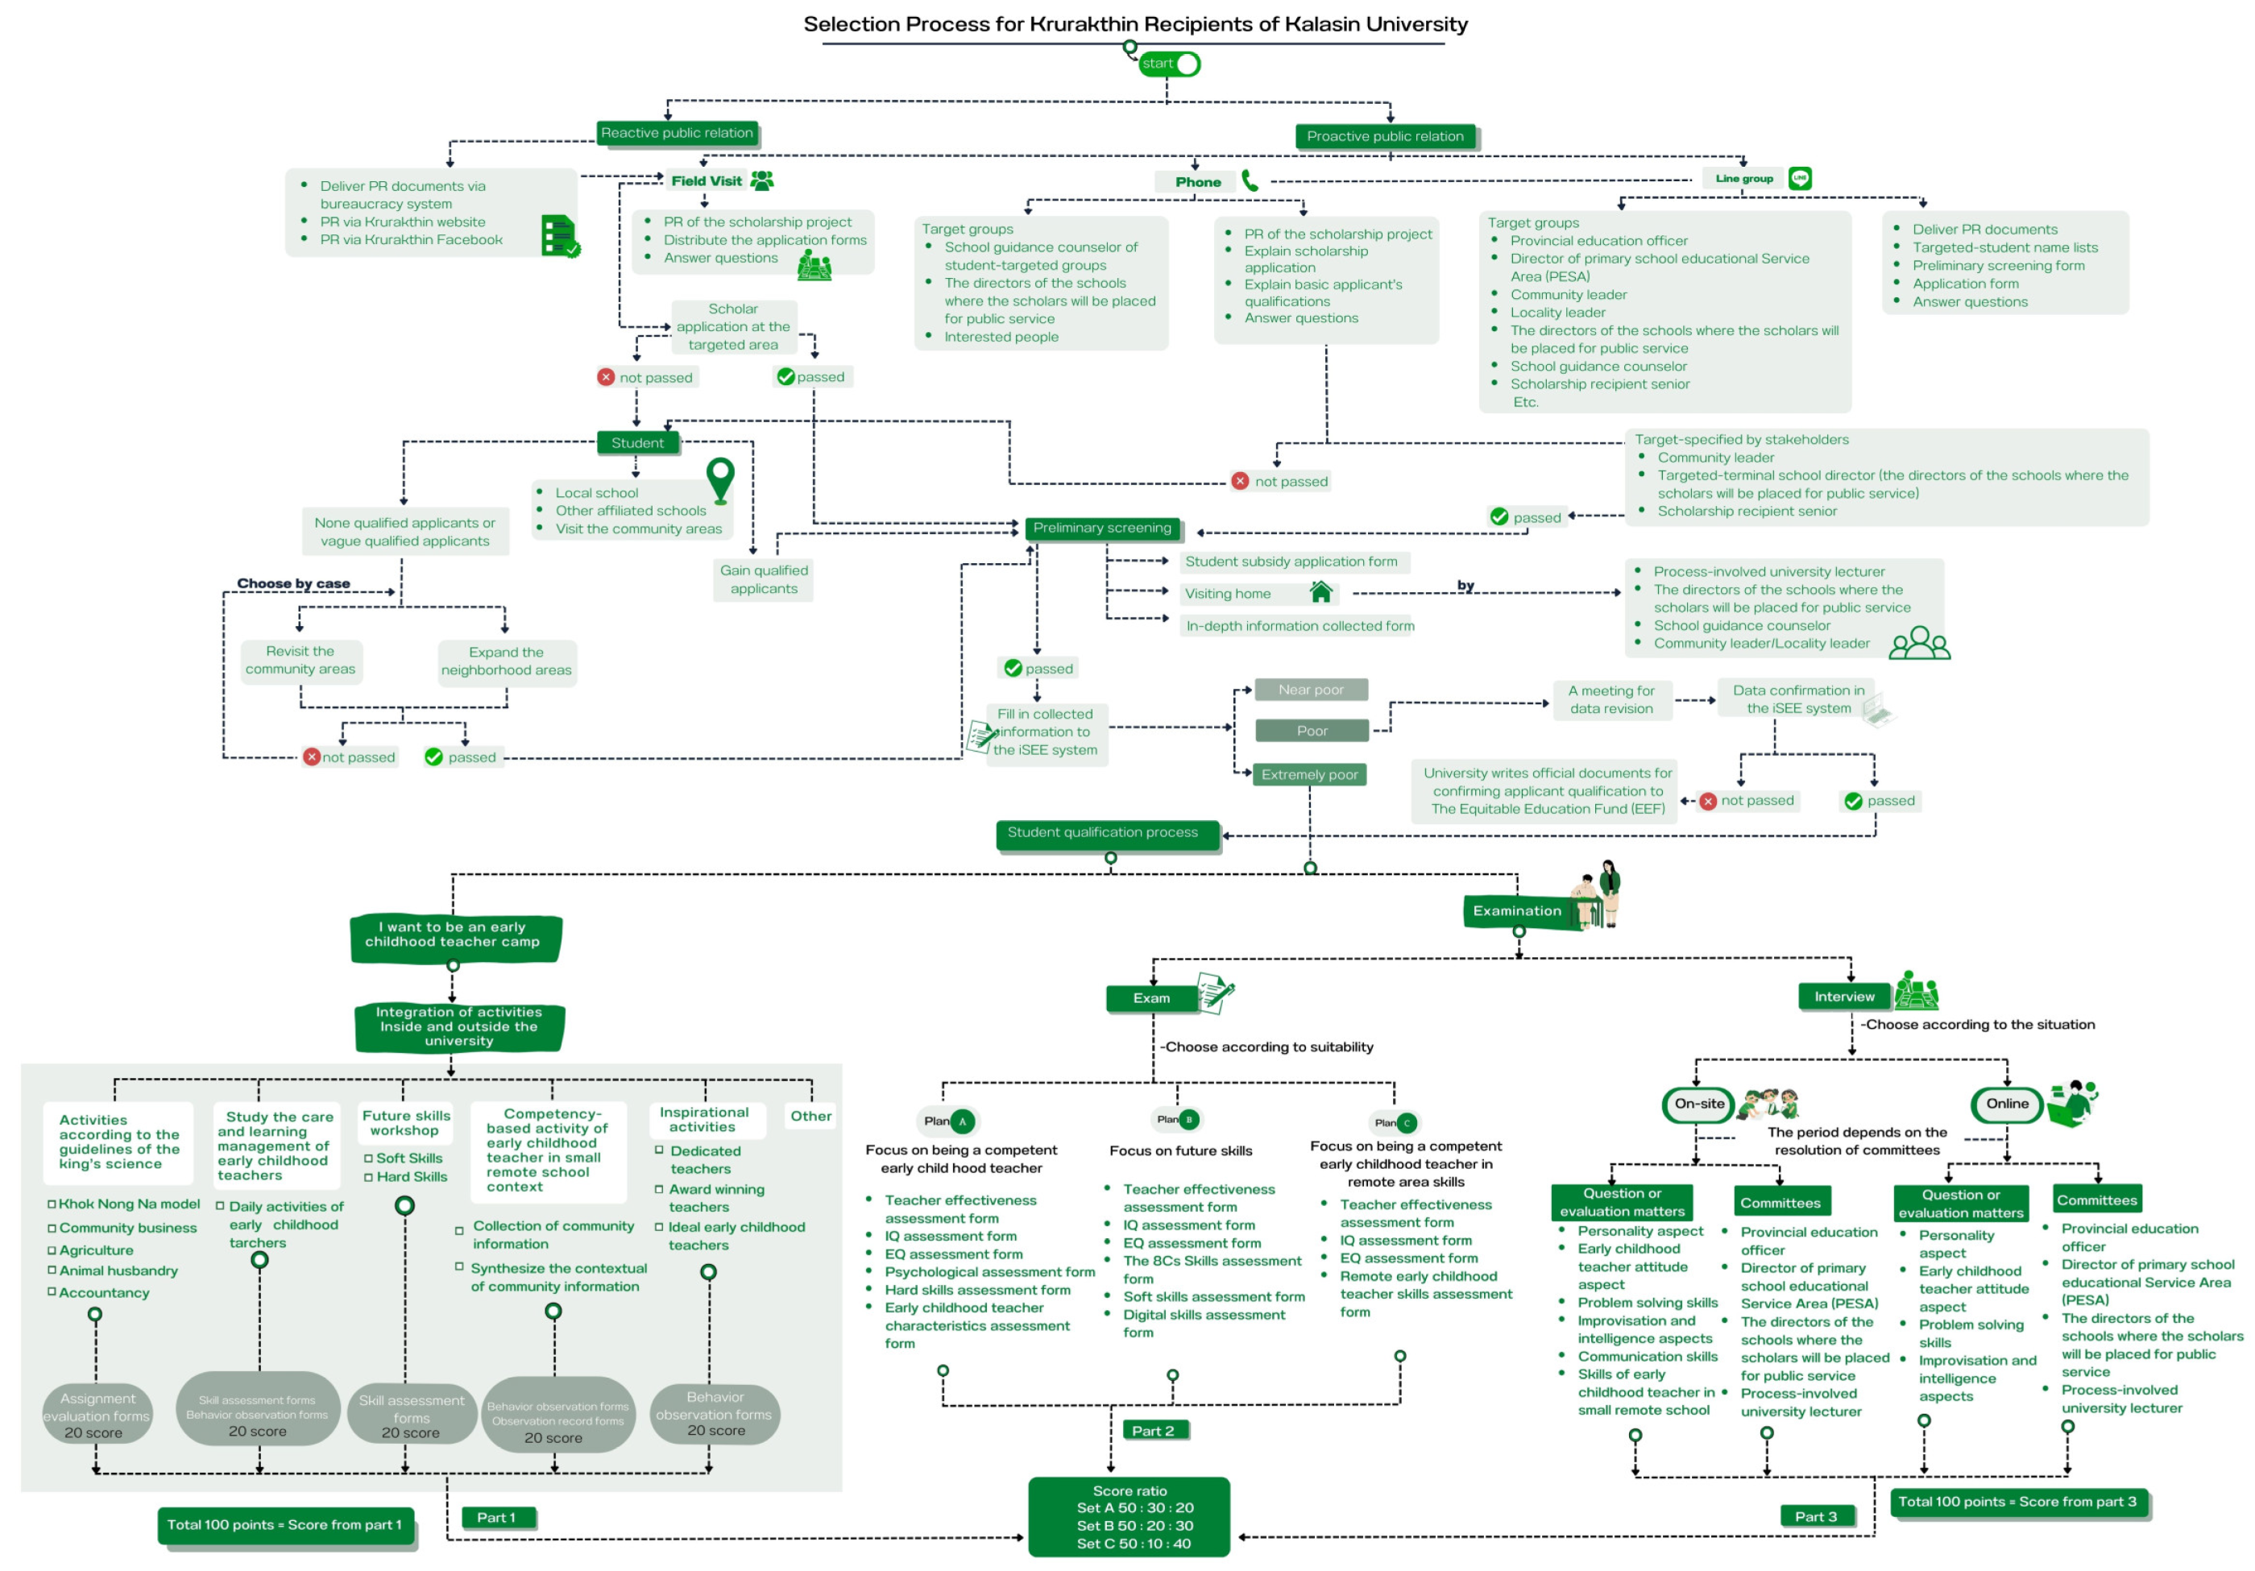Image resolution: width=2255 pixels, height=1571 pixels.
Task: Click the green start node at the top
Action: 1169,64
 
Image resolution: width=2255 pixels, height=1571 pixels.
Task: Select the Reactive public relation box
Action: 678,134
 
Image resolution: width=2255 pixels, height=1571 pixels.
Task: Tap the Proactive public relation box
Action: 1385,136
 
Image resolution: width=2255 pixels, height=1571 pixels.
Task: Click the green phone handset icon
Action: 1250,180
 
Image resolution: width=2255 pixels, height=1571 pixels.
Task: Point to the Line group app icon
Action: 1799,178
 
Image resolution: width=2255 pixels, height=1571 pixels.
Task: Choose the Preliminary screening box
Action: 1102,529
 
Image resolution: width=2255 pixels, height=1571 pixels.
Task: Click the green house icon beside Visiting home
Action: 1321,592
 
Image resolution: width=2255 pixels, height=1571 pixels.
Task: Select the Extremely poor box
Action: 1309,775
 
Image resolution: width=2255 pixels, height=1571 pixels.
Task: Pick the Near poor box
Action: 1311,690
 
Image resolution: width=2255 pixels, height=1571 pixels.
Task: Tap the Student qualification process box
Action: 1107,834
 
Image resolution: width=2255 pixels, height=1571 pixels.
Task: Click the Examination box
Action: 1516,911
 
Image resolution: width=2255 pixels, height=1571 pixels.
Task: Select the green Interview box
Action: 1843,997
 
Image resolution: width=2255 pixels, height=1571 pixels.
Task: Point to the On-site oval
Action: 1699,1104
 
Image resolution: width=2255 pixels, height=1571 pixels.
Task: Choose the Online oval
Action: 2007,1104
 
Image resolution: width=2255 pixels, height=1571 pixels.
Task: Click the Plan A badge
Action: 950,1121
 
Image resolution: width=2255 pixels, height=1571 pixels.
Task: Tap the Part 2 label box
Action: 1153,1431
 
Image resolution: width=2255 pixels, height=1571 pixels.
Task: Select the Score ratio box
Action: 1130,1517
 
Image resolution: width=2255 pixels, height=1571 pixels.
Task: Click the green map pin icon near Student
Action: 721,479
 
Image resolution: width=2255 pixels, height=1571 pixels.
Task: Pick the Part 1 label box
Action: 498,1517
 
